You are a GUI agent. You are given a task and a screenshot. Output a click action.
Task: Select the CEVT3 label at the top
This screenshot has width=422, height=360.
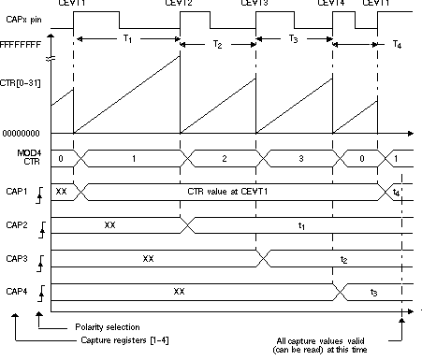[x=255, y=5]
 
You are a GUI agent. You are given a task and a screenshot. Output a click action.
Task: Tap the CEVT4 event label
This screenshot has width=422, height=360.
[x=332, y=5]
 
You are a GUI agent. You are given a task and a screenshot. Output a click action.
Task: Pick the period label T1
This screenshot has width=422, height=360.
[x=128, y=40]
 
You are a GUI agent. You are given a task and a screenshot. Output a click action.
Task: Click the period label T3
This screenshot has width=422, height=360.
[x=294, y=40]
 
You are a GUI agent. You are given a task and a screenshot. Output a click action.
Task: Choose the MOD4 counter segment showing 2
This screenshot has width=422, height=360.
[x=224, y=158]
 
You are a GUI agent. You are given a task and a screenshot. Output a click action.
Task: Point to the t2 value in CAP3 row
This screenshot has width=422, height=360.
[x=344, y=258]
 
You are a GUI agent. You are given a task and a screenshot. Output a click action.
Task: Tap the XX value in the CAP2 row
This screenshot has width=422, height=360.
[x=109, y=224]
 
